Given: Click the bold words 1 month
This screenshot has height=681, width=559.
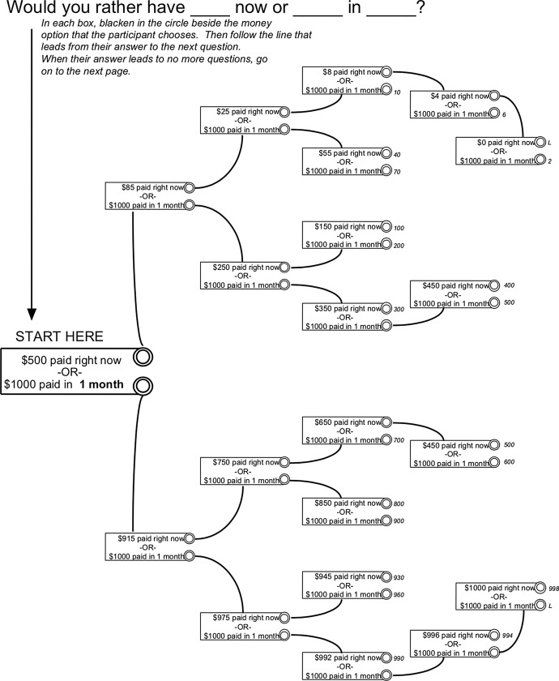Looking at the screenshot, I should tap(101, 386).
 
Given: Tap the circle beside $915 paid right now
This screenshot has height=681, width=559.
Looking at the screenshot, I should tap(189, 538).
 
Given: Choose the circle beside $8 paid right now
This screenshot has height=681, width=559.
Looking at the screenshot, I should tap(386, 72).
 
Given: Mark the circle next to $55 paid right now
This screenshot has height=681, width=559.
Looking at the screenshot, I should tap(386, 153).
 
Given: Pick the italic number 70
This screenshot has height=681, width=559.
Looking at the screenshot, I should tap(397, 172).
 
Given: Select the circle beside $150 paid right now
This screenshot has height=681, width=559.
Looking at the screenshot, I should tap(386, 228).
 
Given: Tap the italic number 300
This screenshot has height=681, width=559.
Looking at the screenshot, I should tap(398, 310).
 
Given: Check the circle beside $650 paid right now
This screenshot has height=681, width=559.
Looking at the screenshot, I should tap(386, 422).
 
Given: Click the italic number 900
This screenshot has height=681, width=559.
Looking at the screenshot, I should tap(398, 520).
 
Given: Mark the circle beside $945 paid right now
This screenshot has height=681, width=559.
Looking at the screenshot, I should tap(386, 577).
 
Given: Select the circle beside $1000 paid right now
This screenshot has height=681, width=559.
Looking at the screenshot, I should tap(540, 587).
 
